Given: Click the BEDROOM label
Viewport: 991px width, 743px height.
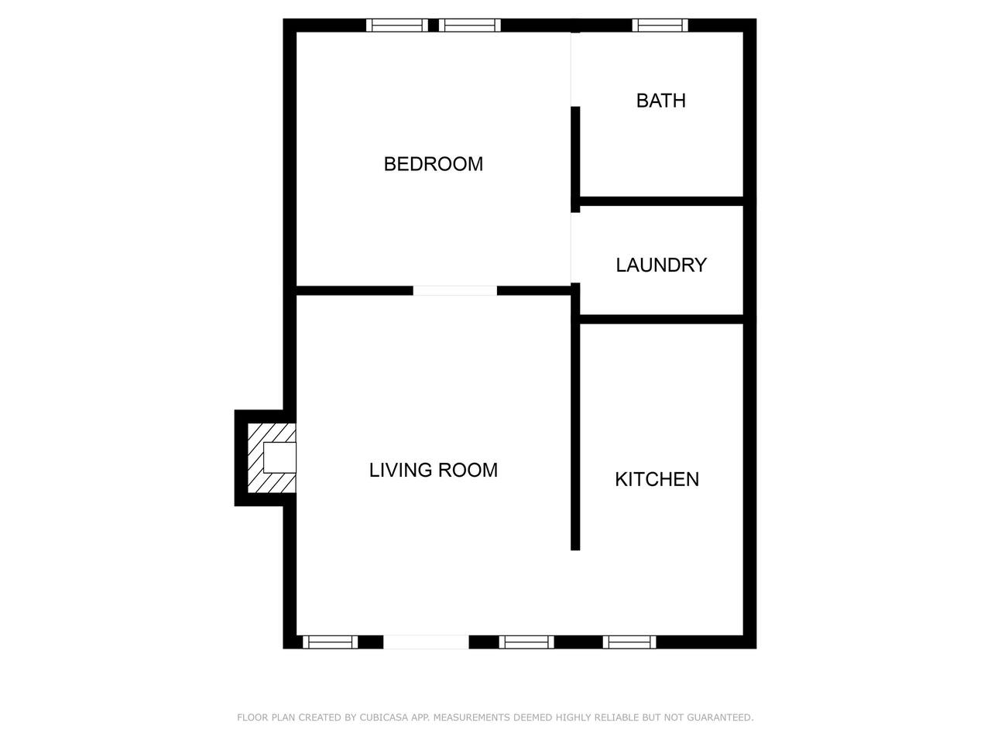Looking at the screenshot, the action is [x=433, y=164].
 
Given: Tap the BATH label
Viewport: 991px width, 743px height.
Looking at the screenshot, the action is [x=660, y=101].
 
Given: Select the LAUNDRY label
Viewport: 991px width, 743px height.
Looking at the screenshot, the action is [x=661, y=265].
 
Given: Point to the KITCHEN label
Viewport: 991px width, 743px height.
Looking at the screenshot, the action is [x=657, y=479].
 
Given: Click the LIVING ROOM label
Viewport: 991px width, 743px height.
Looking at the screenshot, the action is [x=433, y=470].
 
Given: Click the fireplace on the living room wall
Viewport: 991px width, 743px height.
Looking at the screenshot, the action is [x=272, y=458].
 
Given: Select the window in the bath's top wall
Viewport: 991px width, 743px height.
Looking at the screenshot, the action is [x=660, y=26].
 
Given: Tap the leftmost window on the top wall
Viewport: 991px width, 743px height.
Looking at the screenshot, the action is [x=397, y=26].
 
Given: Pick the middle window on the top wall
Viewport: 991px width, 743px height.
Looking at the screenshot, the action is [x=469, y=26].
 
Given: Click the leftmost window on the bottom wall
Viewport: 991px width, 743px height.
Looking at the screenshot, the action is [x=330, y=642].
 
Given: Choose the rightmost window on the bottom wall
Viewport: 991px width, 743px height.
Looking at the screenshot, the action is [x=629, y=642].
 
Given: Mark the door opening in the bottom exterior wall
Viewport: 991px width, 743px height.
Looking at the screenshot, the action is [x=426, y=642].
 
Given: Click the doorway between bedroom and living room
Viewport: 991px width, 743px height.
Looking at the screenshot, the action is [x=455, y=291].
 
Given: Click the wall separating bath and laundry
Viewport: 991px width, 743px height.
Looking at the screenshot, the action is [x=661, y=201].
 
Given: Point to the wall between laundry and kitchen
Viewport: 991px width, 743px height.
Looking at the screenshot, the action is [x=661, y=320].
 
